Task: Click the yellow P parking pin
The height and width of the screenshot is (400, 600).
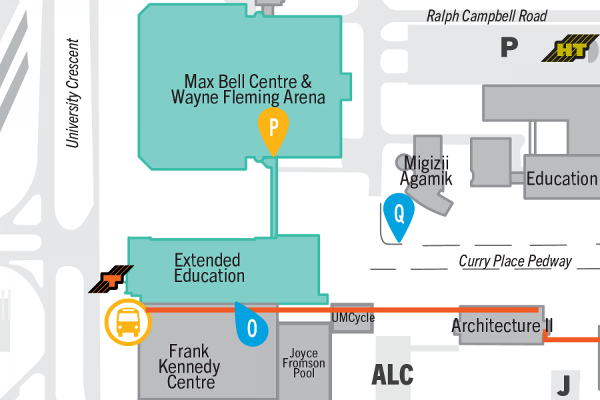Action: (x=273, y=129)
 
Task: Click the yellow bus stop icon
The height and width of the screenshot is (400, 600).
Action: (x=128, y=323)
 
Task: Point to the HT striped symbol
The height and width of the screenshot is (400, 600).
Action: (x=571, y=51)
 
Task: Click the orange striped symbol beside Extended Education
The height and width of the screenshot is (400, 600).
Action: (x=111, y=279)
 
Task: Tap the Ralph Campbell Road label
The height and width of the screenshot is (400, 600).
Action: (x=487, y=16)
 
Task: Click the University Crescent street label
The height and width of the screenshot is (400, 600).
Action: (x=73, y=93)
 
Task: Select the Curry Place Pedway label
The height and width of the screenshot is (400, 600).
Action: (x=515, y=261)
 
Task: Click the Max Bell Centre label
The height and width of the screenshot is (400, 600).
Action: (x=248, y=90)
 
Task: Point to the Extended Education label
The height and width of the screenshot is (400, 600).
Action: (x=209, y=267)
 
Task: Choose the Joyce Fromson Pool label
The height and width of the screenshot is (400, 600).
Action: (x=303, y=363)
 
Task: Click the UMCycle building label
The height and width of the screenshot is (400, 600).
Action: (x=353, y=318)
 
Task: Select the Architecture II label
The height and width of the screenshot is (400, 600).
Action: (x=501, y=326)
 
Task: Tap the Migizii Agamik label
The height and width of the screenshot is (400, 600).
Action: (x=426, y=170)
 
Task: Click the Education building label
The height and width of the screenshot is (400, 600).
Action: (x=561, y=179)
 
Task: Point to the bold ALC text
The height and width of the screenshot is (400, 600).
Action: (x=392, y=374)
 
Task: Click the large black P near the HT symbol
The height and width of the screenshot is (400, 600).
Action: (x=509, y=47)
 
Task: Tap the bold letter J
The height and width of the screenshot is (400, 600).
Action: (x=564, y=385)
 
